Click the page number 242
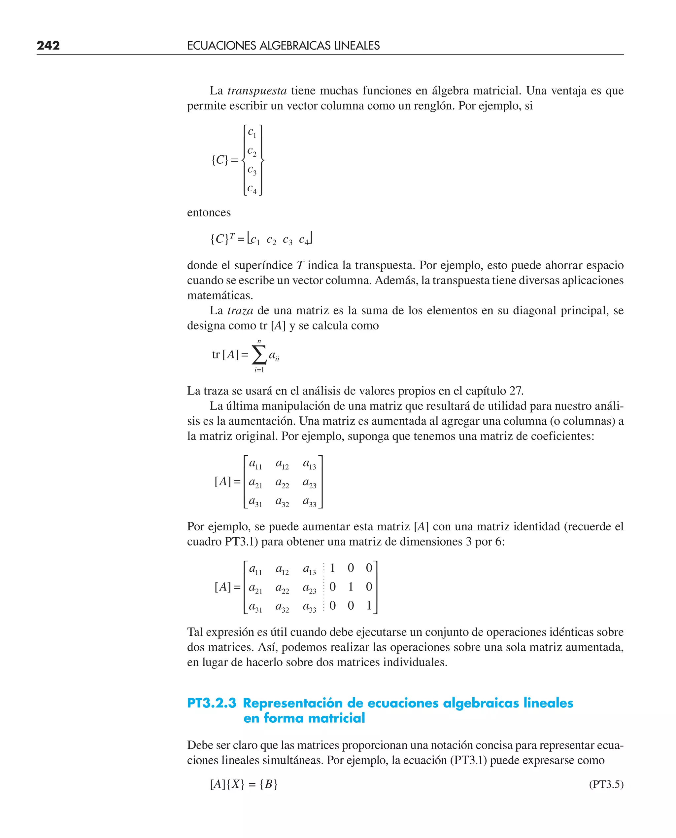click(48, 46)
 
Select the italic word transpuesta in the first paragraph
click(257, 91)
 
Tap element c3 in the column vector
click(252, 170)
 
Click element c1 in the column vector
click(252, 133)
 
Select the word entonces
click(209, 212)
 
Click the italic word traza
click(240, 311)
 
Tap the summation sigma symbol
click(259, 355)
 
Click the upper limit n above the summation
click(259, 341)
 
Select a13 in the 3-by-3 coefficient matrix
click(310, 464)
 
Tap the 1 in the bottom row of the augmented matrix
click(369, 605)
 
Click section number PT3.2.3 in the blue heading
click(212, 703)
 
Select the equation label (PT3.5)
click(606, 784)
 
